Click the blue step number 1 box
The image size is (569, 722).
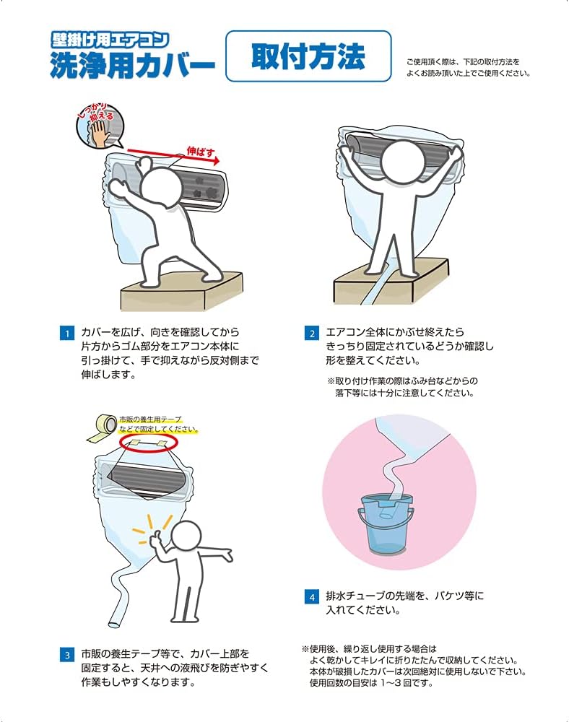67,333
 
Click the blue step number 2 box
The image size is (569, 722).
312,333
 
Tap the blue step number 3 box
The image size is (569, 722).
67,655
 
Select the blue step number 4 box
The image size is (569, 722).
312,597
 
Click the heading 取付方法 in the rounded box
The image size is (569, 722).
308,56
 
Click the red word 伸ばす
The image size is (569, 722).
201,152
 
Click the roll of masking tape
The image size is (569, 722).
103,427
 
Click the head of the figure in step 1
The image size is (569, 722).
161,186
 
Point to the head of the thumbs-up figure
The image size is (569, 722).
184,539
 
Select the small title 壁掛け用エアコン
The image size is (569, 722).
110,40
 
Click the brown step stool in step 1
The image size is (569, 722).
181,292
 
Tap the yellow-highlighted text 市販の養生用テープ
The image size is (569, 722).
150,419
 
